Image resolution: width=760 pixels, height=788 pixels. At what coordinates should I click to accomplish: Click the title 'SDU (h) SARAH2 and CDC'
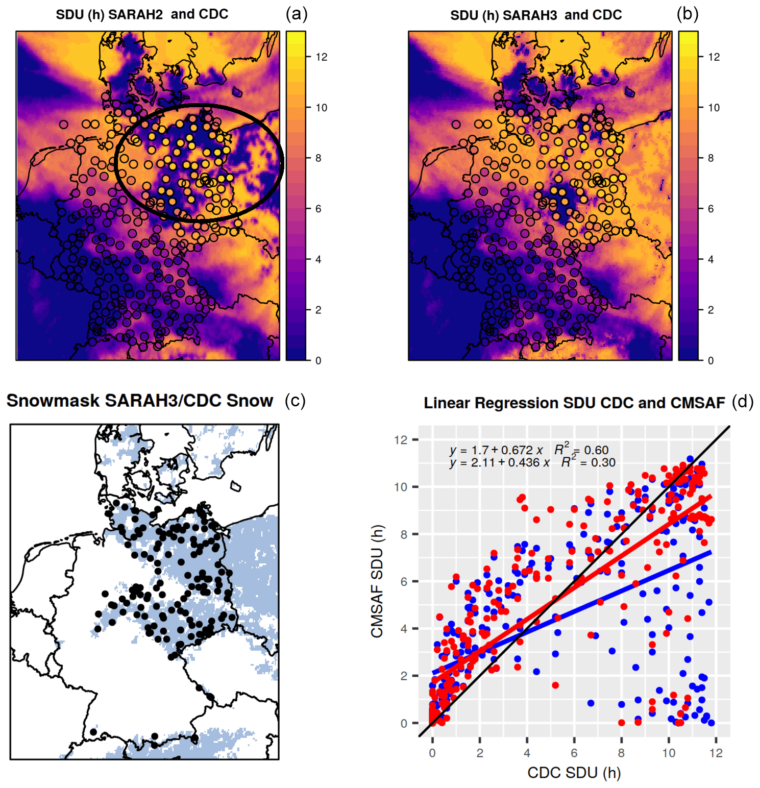point(142,14)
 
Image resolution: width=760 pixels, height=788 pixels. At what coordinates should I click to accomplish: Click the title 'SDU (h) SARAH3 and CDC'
point(535,15)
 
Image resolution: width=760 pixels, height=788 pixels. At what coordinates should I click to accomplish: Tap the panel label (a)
point(297,14)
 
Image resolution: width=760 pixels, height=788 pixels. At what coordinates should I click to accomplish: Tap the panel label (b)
point(688,14)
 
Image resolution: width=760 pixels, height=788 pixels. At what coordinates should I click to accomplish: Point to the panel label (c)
point(295,401)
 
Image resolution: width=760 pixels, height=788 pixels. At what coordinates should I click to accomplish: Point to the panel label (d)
point(743,402)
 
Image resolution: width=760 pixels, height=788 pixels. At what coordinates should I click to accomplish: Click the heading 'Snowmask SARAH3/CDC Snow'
point(140,401)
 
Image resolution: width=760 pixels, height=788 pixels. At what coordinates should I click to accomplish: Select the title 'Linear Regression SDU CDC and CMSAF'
point(574,403)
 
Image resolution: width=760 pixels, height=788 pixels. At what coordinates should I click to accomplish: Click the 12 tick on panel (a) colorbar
point(322,57)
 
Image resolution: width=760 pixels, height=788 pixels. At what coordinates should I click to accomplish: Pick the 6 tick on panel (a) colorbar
point(318,209)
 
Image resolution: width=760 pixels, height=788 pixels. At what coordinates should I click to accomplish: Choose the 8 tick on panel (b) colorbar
point(710,158)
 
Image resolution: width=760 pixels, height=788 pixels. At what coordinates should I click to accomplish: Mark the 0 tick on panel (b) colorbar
point(710,360)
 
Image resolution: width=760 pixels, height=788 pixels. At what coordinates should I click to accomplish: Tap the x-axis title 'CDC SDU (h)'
point(574,773)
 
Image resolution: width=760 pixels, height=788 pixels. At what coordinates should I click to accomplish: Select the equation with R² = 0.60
point(529,450)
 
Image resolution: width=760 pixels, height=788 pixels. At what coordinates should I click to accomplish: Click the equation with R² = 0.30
point(532,462)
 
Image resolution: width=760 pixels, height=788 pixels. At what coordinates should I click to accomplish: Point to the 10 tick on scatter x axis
point(669,753)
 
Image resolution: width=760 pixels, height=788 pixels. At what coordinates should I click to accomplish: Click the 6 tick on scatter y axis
point(403,581)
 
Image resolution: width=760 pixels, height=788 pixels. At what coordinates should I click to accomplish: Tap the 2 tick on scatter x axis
point(480,753)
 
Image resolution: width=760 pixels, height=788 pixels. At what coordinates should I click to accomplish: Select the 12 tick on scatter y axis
point(401,439)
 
